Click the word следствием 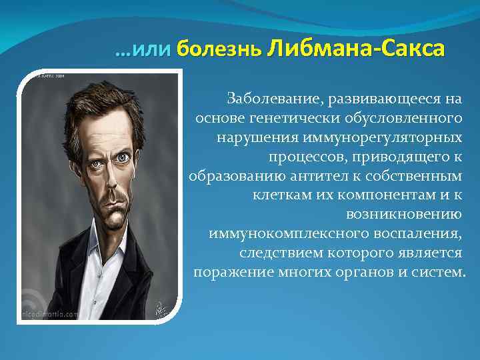tap(275, 253)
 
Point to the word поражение tap(227, 273)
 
